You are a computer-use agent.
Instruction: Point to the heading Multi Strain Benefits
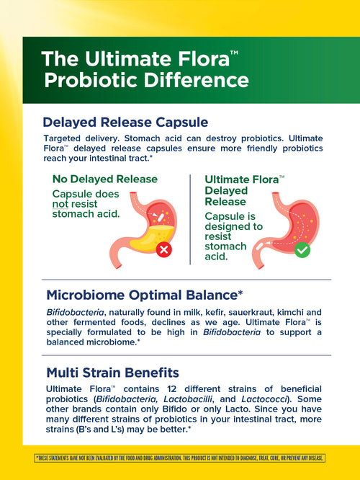click(112, 373)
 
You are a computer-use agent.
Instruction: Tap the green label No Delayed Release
click(104, 179)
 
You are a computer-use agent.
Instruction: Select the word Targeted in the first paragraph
click(66, 138)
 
